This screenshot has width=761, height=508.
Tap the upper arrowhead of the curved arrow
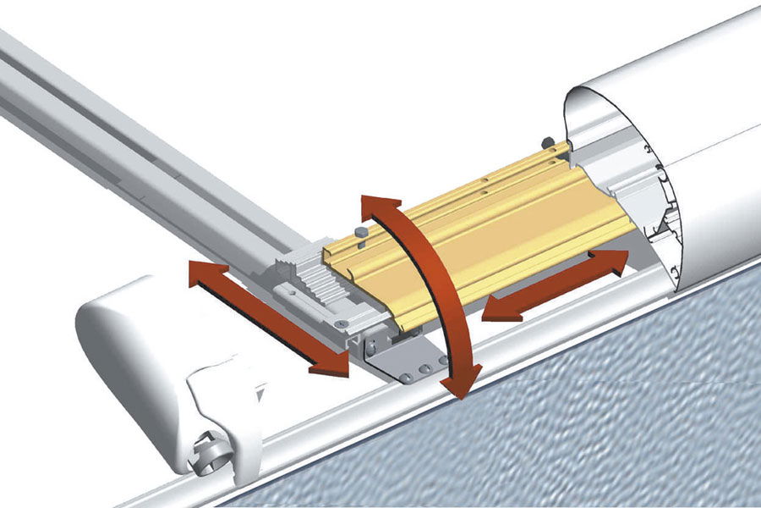click(380, 208)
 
